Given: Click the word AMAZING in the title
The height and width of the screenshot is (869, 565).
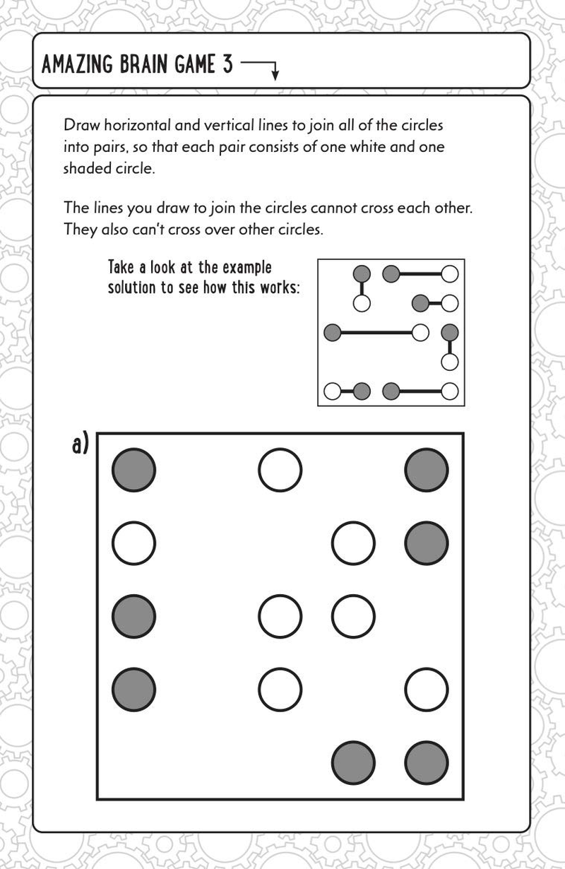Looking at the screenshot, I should [x=75, y=66].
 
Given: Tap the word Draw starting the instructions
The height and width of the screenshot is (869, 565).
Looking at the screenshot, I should [x=80, y=126].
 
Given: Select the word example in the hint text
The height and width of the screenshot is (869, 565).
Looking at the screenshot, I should [x=247, y=268].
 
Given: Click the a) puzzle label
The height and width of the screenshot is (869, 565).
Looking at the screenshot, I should [x=80, y=444].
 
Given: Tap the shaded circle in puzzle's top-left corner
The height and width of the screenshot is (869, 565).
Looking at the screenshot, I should [x=133, y=470].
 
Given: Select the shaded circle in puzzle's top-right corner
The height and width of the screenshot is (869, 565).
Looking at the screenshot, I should [x=427, y=470].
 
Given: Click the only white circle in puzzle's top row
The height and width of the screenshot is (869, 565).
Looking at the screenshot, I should [x=280, y=470].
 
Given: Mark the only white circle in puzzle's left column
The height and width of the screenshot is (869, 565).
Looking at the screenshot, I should [x=133, y=543].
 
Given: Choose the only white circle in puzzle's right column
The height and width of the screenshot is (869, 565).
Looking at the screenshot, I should [x=427, y=689].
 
